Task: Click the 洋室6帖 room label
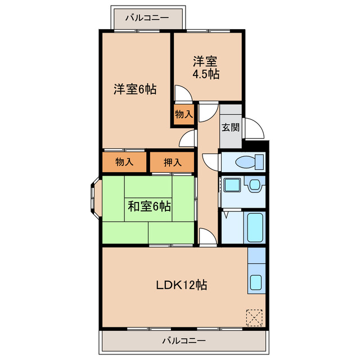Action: pos(135,89)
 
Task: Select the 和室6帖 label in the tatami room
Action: pos(149,206)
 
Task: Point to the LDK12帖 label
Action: pos(181,285)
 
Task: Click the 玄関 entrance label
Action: pos(231,128)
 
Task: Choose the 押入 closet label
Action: pos(173,163)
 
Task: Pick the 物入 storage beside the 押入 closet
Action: pos(124,162)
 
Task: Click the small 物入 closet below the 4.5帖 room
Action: pos(184,114)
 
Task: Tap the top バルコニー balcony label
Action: pos(147,17)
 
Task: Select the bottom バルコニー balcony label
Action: pos(184,340)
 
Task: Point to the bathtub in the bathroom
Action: pos(255,227)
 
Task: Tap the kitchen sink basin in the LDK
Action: pos(256,282)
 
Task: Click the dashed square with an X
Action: pos(254,317)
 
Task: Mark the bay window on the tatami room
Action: pos(96,198)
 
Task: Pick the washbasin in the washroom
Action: pos(255,184)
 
